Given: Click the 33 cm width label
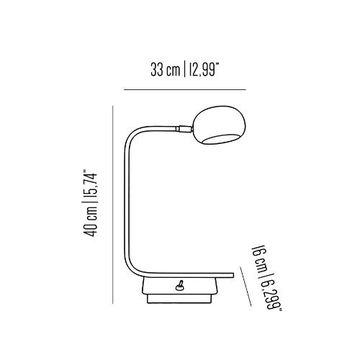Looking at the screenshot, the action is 165,70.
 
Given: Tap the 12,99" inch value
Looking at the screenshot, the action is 203,70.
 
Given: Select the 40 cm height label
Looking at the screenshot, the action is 90,222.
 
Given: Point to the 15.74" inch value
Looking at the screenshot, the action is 90,186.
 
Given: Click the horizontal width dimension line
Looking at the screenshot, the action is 185,89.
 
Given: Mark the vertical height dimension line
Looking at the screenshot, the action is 113,205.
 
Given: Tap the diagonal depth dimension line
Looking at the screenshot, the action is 246,286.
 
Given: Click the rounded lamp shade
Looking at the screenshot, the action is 220,125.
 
